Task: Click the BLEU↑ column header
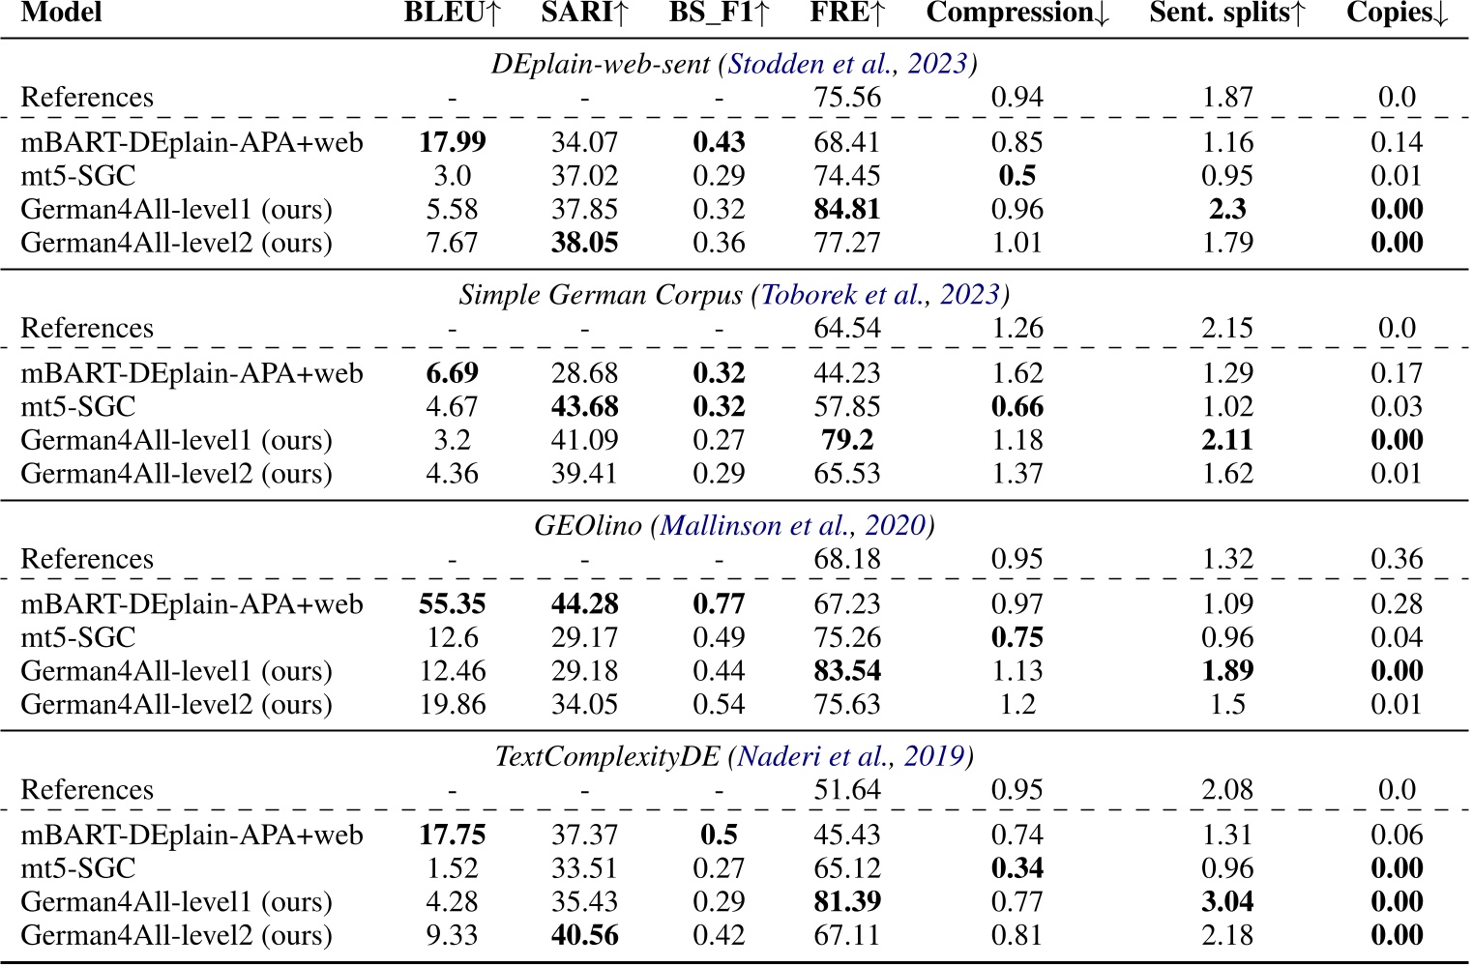point(452,14)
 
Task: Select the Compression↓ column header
point(1017,14)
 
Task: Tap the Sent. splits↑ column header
point(1227,14)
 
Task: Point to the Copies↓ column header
point(1397,14)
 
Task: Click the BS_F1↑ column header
point(719,14)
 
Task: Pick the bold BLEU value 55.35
point(452,604)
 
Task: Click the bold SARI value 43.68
point(584,407)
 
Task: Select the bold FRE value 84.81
point(847,210)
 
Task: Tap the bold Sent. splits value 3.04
point(1227,902)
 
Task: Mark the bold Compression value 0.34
point(1017,868)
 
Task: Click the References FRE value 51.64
point(847,790)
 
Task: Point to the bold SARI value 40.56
point(584,936)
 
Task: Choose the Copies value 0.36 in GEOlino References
point(1397,560)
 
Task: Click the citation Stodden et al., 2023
point(847,64)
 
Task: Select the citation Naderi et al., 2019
point(851,756)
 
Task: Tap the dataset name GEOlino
point(588,526)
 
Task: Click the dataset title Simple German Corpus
point(601,295)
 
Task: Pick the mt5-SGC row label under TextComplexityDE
point(78,868)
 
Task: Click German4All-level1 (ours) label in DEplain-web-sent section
point(176,210)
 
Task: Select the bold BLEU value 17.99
point(452,143)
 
